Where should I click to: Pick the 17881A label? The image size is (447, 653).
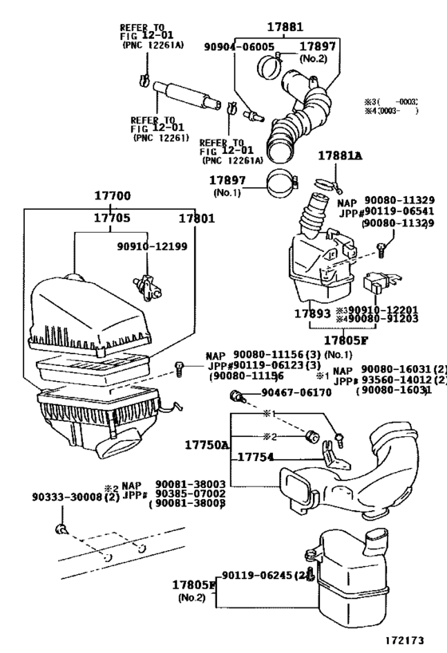click(x=341, y=156)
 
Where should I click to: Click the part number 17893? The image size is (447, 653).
click(x=311, y=313)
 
